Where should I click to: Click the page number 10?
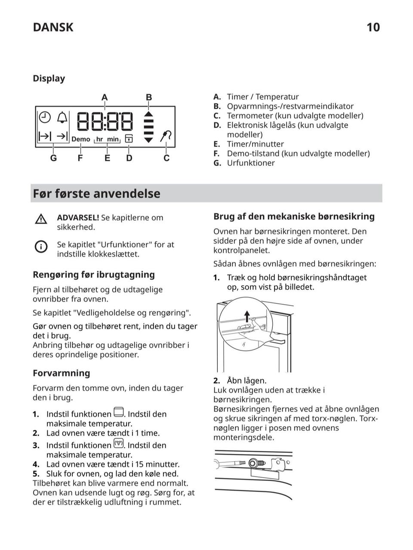pyautogui.click(x=373, y=27)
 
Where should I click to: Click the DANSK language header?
pyautogui.click(x=53, y=27)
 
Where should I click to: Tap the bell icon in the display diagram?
pyautogui.click(x=62, y=117)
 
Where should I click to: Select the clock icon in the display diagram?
pyautogui.click(x=45, y=117)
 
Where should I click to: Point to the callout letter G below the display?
pyautogui.click(x=53, y=158)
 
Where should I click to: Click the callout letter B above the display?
pyautogui.click(x=149, y=98)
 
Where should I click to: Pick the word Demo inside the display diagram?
pyautogui.click(x=81, y=139)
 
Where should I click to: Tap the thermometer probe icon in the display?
pyautogui.click(x=166, y=136)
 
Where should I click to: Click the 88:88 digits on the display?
pyautogui.click(x=105, y=121)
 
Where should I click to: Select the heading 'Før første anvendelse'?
pyautogui.click(x=96, y=194)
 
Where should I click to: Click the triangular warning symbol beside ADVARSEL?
pyautogui.click(x=41, y=219)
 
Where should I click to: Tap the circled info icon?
pyautogui.click(x=41, y=246)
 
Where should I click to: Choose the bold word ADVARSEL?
pyautogui.click(x=78, y=218)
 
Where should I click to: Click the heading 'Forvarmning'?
pyautogui.click(x=62, y=373)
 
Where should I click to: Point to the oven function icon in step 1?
pyautogui.click(x=118, y=412)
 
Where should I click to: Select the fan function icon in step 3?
pyautogui.click(x=118, y=443)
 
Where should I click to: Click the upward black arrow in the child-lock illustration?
pyautogui.click(x=247, y=317)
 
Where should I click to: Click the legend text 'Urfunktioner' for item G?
pyautogui.click(x=251, y=163)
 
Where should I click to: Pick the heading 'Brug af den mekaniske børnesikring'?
pyautogui.click(x=294, y=217)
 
